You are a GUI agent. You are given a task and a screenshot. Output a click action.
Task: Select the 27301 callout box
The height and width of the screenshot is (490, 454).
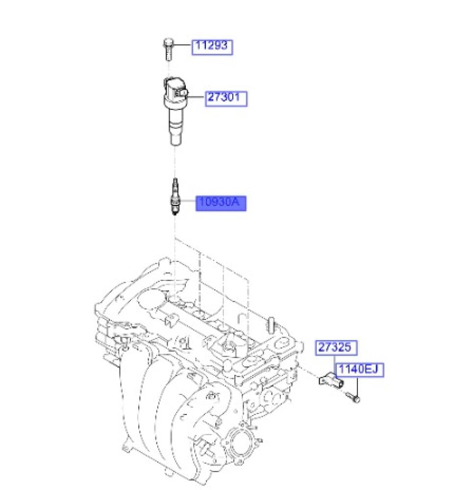[226, 99]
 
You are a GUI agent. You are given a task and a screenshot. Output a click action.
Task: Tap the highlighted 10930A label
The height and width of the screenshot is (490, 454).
[221, 203]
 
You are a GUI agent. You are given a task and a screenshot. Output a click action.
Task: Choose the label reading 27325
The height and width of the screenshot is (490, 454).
[336, 348]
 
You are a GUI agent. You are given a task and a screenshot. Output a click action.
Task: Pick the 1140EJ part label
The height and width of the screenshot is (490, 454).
[359, 370]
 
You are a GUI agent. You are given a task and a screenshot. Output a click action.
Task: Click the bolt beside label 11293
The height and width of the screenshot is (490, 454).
[168, 49]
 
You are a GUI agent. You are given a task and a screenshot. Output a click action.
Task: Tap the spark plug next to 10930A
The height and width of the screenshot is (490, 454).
[175, 196]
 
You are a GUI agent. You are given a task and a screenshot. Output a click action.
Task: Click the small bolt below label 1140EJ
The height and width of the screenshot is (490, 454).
[353, 397]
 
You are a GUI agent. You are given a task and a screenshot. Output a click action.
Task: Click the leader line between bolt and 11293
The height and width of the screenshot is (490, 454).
[182, 45]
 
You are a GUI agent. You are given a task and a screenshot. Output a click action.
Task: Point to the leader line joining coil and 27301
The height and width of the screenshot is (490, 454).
[196, 97]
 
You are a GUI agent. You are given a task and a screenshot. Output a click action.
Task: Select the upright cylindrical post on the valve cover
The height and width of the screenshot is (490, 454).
[271, 326]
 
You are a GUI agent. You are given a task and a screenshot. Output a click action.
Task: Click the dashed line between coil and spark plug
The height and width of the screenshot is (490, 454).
[175, 162]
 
